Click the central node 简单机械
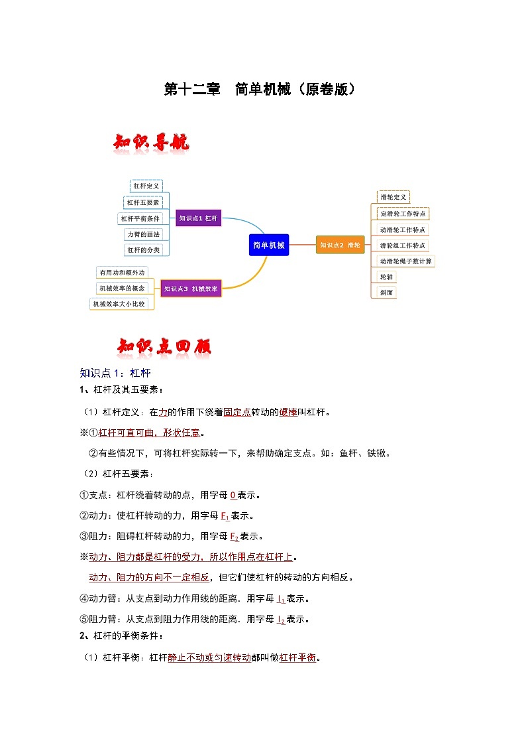269,245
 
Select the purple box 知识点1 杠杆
198,218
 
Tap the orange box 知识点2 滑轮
341,245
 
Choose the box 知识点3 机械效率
191,288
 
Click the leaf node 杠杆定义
146,186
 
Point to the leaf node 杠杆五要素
143,202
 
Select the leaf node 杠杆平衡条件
140,218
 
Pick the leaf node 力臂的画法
143,234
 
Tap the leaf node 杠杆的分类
143,250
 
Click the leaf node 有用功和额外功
121,272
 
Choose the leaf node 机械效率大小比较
119,304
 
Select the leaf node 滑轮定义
394,197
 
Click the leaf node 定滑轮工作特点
403,214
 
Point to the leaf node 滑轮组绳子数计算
405,261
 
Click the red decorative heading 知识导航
152,143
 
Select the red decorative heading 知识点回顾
164,347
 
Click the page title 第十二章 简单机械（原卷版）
262,90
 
